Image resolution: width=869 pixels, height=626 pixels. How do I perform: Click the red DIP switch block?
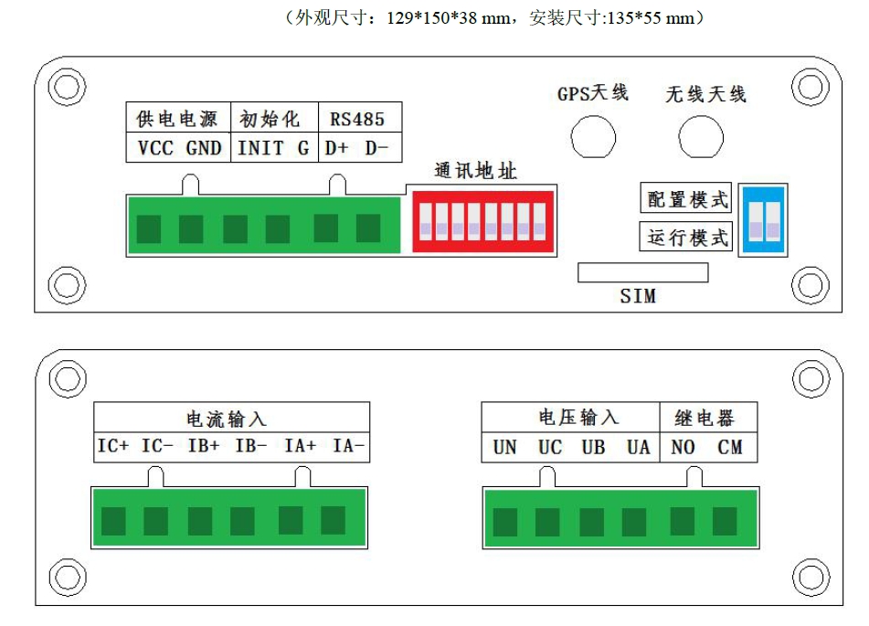click(x=482, y=221)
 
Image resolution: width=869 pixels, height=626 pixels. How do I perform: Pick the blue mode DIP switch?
click(x=763, y=220)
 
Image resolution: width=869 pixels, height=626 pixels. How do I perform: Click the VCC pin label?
click(x=155, y=148)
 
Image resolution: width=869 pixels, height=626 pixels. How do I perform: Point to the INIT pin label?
click(x=260, y=148)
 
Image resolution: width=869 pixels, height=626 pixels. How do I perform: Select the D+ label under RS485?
click(x=336, y=148)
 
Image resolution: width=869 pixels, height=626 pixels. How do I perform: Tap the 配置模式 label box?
click(x=686, y=198)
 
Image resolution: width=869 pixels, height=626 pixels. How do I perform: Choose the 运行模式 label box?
click(x=686, y=237)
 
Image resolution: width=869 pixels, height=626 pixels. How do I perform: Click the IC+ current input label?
click(x=113, y=446)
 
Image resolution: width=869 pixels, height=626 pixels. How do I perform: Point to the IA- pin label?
click(x=348, y=446)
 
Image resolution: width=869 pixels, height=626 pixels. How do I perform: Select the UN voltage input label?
click(x=505, y=447)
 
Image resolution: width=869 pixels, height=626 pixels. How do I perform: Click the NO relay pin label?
click(x=683, y=447)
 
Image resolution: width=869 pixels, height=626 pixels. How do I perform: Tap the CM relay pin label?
click(x=729, y=447)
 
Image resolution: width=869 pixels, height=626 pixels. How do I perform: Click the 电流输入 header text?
click(x=226, y=419)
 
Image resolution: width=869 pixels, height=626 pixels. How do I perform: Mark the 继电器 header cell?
click(x=708, y=417)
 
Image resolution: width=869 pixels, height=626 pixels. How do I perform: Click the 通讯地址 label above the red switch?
click(x=475, y=171)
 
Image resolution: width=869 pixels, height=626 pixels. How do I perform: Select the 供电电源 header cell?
click(x=178, y=117)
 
